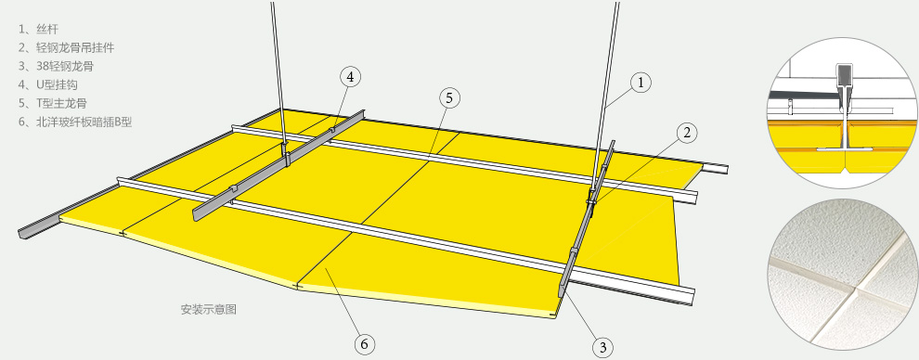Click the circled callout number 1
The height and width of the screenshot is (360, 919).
(x=641, y=83)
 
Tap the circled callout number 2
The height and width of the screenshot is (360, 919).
(x=686, y=134)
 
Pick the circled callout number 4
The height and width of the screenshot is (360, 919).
(x=350, y=77)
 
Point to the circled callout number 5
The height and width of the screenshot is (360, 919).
(x=449, y=98)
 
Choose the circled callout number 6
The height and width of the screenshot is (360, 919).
(x=364, y=343)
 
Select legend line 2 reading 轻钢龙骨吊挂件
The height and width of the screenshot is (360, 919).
(x=66, y=47)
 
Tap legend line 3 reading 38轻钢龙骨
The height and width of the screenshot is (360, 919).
(x=56, y=66)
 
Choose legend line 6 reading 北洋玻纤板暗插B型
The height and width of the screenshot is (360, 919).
(x=75, y=122)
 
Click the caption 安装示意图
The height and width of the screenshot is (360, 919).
(x=209, y=310)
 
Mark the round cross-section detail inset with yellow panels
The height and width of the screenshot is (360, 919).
(x=842, y=113)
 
